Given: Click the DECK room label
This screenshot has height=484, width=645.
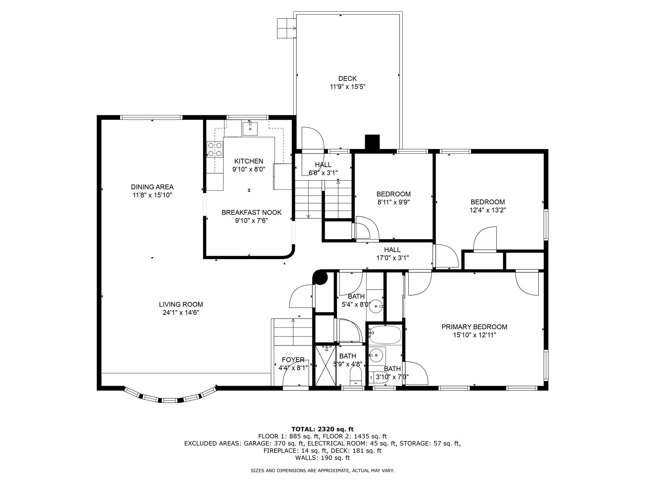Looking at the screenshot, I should [x=347, y=78].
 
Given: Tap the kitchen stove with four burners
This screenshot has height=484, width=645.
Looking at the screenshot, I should [x=215, y=149].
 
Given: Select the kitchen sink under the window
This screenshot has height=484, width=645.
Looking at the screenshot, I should [x=250, y=129].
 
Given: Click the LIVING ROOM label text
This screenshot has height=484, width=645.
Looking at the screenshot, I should [x=181, y=304].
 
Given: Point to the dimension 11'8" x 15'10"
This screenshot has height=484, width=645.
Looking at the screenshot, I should [x=152, y=195].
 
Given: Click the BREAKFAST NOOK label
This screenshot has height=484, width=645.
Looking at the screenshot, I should [x=251, y=212].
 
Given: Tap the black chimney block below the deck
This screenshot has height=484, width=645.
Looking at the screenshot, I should [x=372, y=141].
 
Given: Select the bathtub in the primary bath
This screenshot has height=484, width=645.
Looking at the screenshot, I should [x=385, y=335].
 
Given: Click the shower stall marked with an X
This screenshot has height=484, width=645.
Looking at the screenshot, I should [x=325, y=366].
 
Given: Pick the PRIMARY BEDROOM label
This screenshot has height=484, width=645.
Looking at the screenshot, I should [x=474, y=327].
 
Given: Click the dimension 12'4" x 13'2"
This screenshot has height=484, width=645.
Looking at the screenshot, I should [x=488, y=210].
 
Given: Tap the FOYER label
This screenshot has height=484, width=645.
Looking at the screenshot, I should [x=293, y=360].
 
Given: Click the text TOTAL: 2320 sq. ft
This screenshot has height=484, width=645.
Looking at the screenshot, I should [x=322, y=429].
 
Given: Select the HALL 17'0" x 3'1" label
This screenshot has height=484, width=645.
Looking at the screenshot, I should [x=392, y=254].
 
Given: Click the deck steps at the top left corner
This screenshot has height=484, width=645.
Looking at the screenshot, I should [x=286, y=28].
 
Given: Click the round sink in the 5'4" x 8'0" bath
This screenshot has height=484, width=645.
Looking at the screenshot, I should [x=376, y=306].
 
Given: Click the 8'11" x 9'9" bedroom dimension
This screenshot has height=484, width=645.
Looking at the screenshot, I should [x=393, y=202].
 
